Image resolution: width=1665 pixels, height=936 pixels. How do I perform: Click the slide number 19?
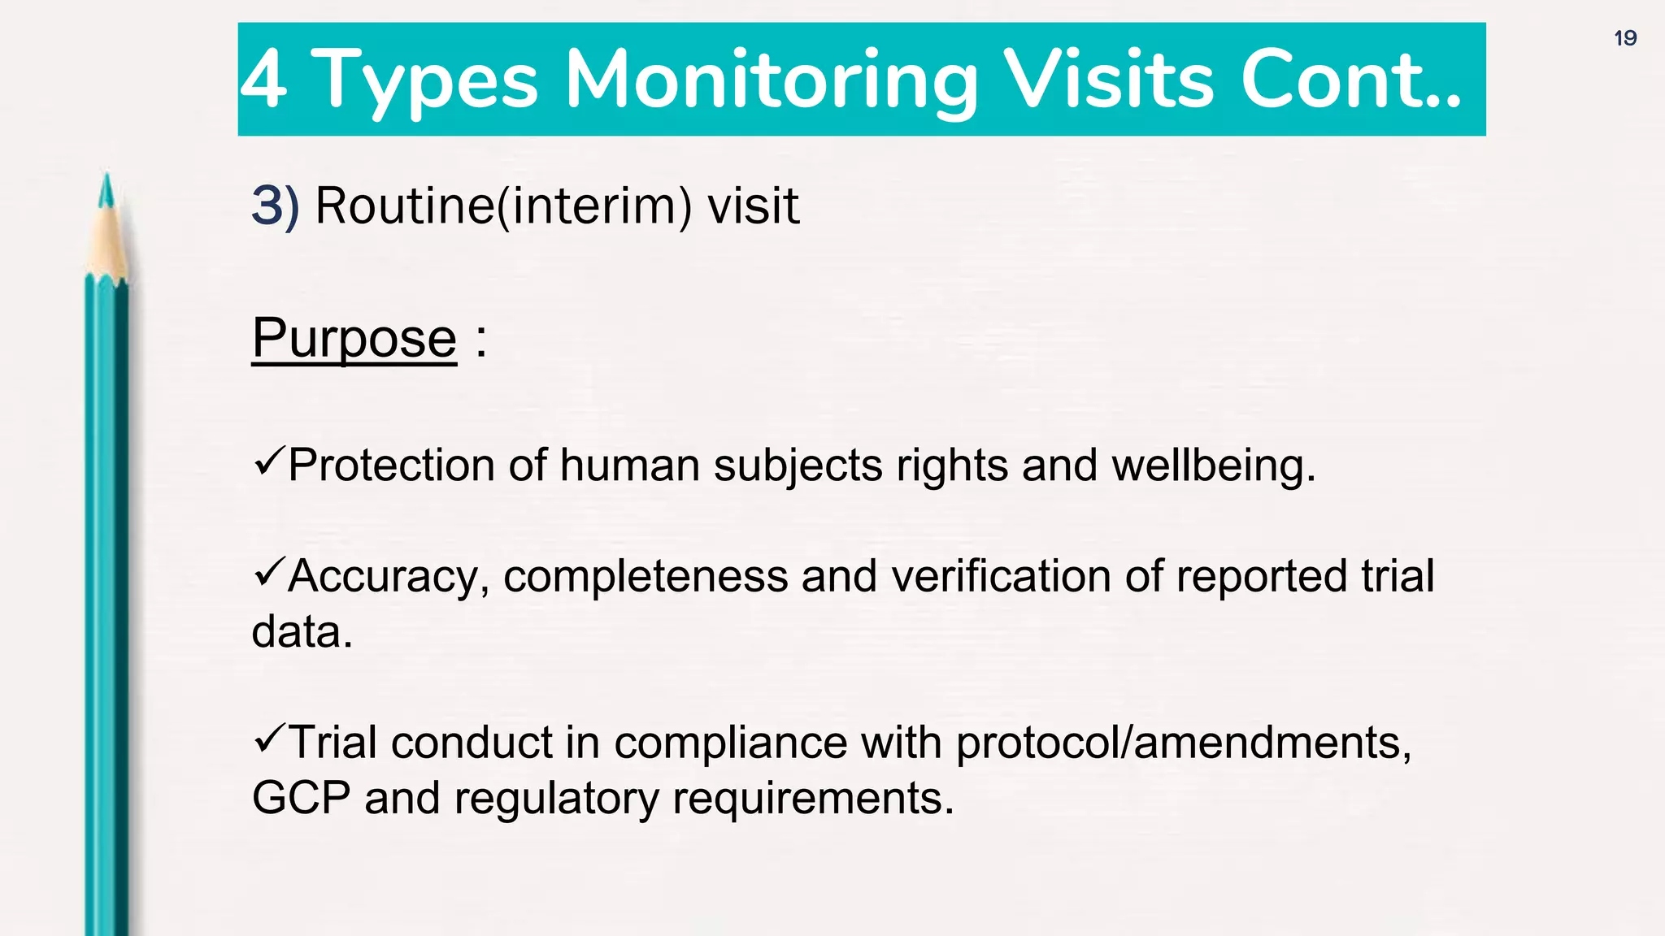[1625, 38]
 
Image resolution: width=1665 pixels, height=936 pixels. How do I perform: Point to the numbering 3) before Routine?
[275, 206]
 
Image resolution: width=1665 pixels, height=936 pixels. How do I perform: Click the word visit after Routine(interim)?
[753, 206]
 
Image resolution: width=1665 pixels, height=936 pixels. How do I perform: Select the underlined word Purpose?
[354, 338]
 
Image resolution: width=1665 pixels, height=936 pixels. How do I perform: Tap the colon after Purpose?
[481, 340]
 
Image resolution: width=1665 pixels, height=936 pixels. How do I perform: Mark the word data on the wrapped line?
[302, 632]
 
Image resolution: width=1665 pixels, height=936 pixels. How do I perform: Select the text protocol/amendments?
[1183, 743]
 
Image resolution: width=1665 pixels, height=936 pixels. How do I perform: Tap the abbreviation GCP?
[301, 798]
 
